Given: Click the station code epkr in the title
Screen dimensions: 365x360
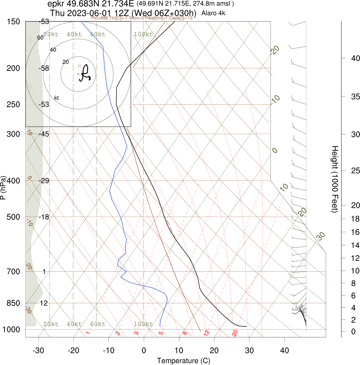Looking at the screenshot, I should [x=55, y=4].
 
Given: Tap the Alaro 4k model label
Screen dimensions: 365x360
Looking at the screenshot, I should [x=214, y=13].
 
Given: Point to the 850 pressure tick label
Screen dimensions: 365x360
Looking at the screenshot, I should [x=13, y=303].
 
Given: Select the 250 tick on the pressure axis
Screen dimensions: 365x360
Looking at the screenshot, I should [x=13, y=104].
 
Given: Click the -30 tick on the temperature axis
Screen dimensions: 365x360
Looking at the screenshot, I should [x=38, y=350].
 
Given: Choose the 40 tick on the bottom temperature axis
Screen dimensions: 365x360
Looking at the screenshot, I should [x=285, y=350].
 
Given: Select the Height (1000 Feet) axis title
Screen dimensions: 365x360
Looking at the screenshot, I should [x=334, y=179].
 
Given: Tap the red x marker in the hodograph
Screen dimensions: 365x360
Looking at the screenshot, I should [x=79, y=66].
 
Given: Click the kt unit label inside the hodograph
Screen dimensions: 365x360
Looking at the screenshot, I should [x=56, y=98].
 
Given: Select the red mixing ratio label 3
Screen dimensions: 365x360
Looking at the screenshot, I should [x=136, y=333].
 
